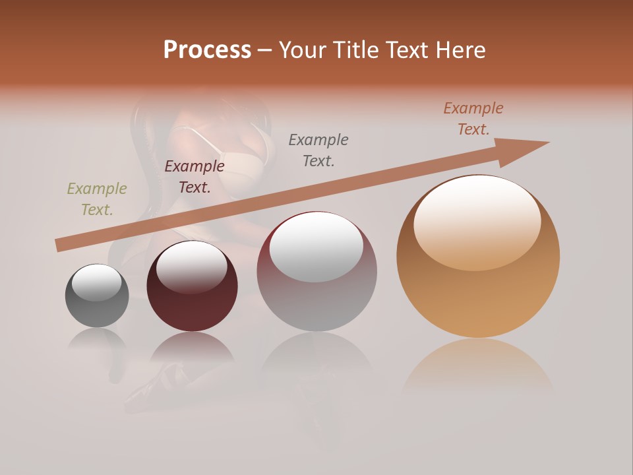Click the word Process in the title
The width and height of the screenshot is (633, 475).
[x=207, y=49]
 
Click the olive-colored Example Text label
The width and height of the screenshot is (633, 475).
[x=97, y=199]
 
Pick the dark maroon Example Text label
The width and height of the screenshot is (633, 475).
[x=195, y=177]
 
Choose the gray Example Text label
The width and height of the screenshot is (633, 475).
[x=318, y=150]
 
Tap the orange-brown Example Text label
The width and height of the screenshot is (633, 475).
[x=473, y=119]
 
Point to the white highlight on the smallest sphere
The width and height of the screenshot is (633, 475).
[x=96, y=282]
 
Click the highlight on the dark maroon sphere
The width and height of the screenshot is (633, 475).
[x=192, y=267]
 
